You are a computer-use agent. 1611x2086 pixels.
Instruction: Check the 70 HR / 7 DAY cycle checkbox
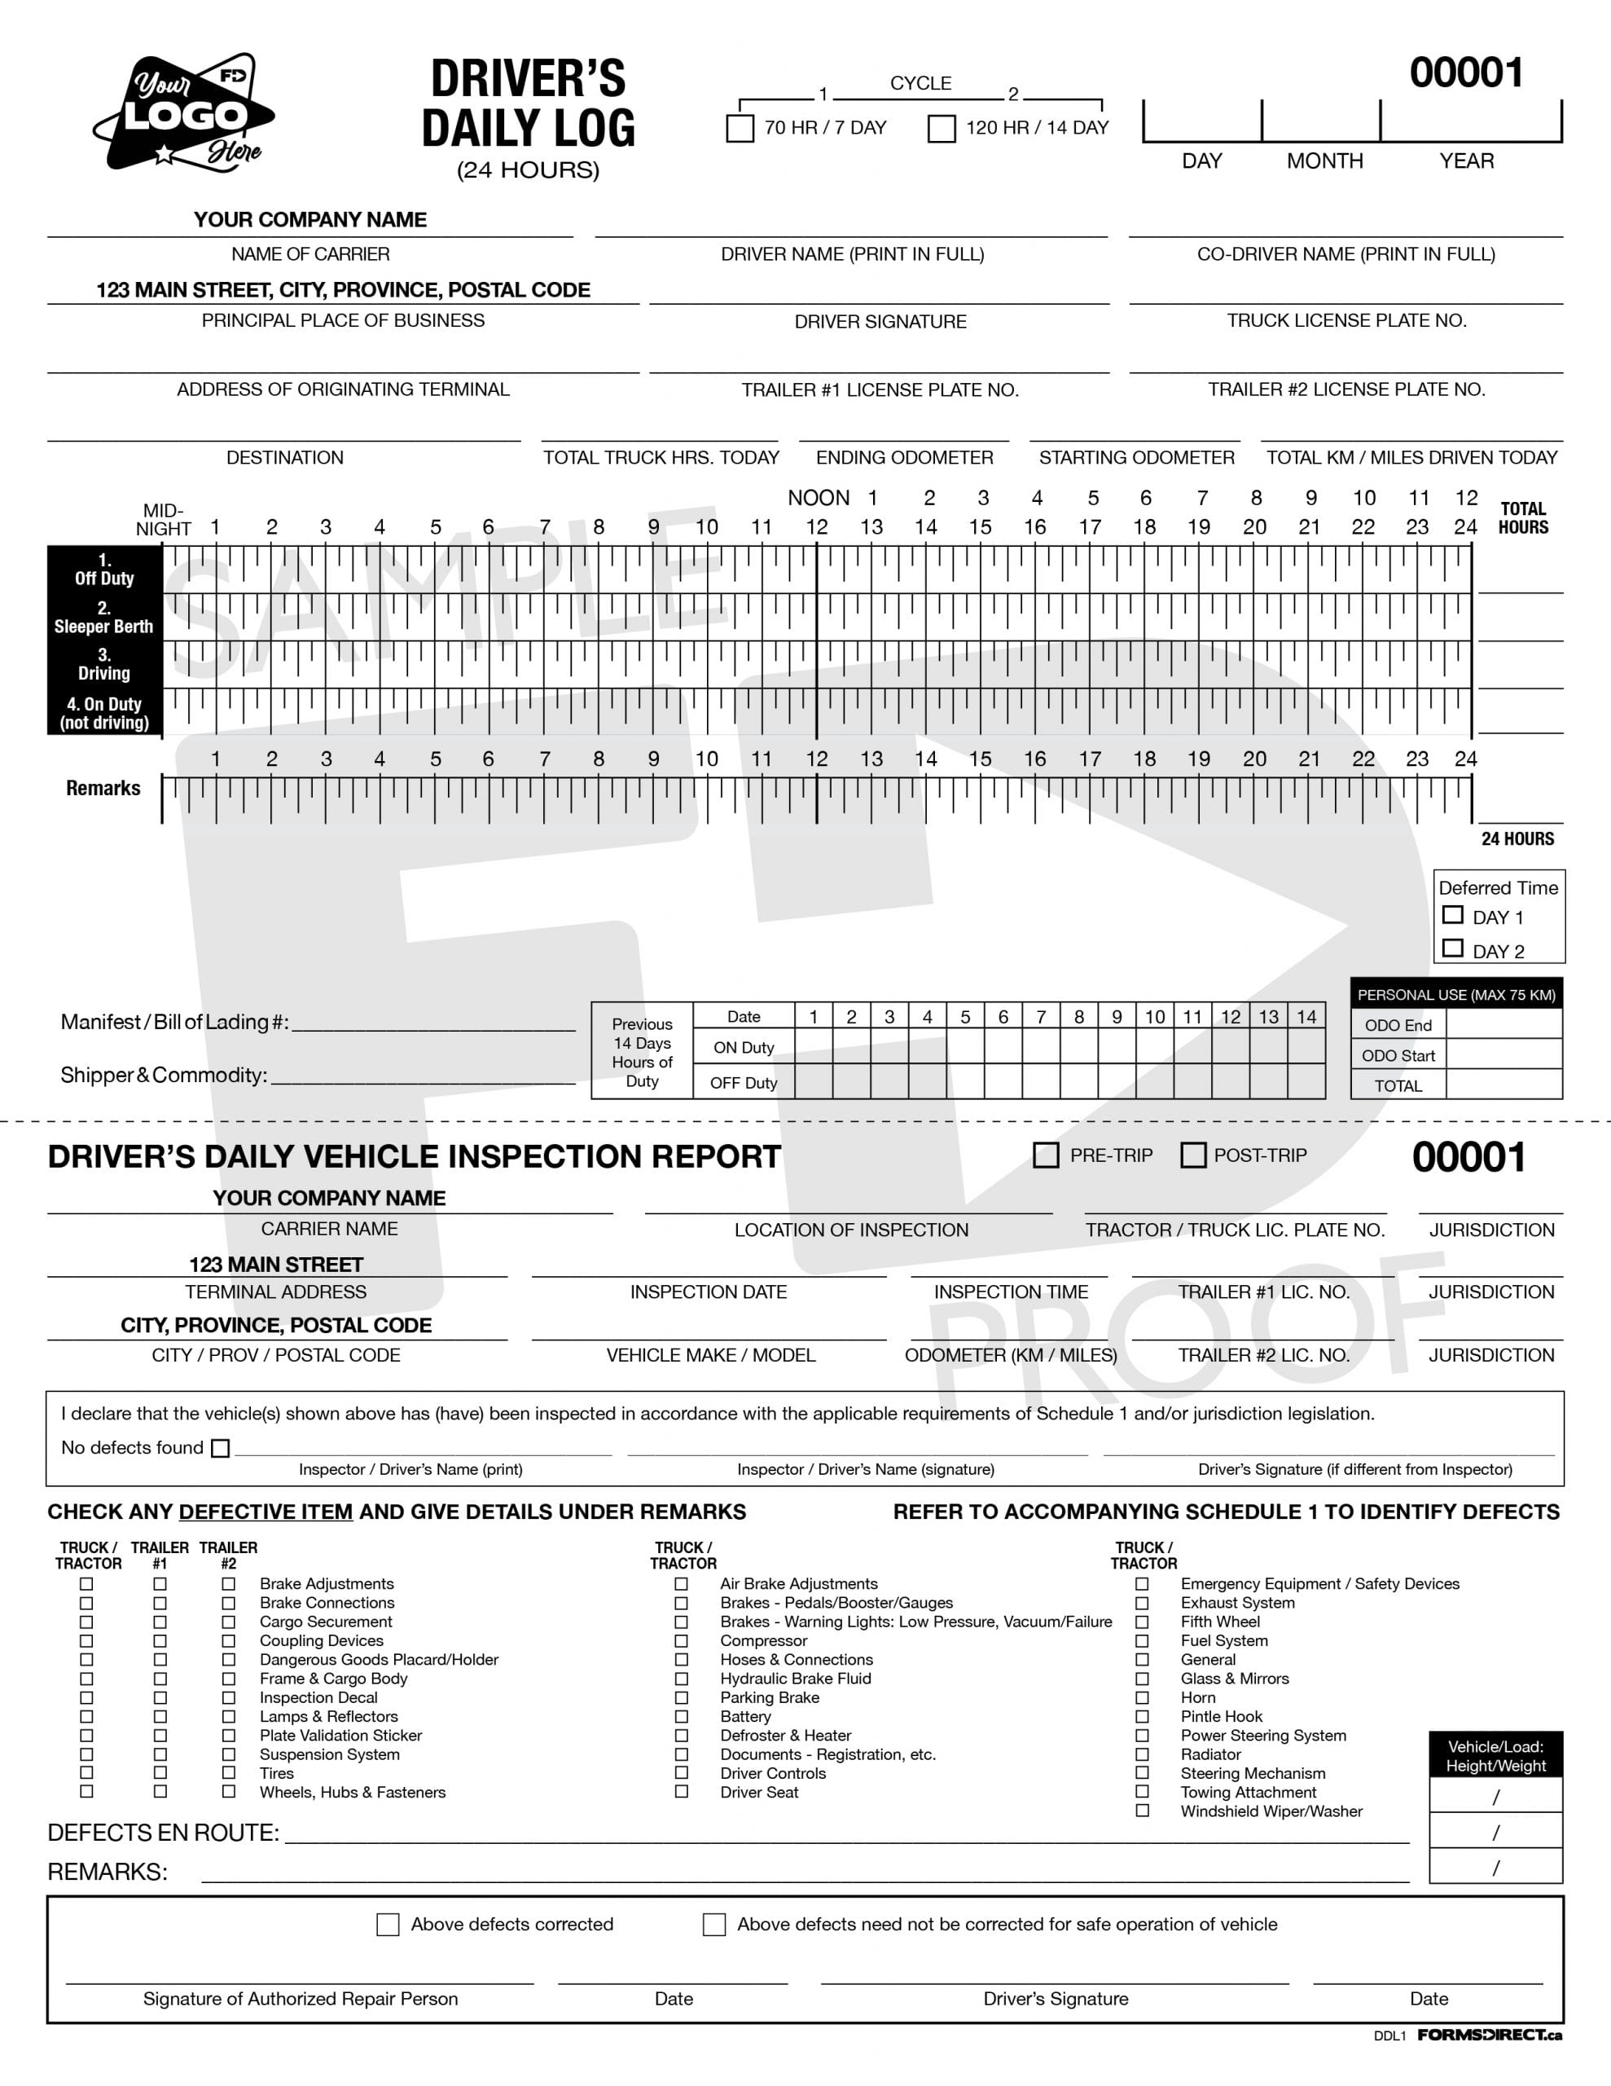(x=740, y=128)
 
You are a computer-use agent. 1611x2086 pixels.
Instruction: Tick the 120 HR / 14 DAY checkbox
(x=942, y=128)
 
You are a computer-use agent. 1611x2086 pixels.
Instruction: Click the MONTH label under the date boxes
(x=1323, y=161)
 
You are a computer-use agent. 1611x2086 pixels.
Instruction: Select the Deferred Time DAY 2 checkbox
(x=1452, y=948)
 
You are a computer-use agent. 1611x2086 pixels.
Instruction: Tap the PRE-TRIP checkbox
(x=1046, y=1155)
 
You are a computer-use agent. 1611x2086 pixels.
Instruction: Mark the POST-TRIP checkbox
(x=1192, y=1155)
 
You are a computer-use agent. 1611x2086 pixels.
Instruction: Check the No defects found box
(x=221, y=1448)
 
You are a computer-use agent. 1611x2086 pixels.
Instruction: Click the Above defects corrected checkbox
(x=388, y=1925)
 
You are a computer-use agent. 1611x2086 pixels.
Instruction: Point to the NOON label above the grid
(x=819, y=498)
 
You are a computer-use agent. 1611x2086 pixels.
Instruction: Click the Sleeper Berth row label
(x=103, y=617)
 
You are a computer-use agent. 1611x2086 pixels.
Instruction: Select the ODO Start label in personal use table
(x=1398, y=1055)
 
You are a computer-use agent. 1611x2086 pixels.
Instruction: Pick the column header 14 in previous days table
(x=1306, y=1016)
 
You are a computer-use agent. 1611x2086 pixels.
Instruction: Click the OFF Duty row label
(x=743, y=1083)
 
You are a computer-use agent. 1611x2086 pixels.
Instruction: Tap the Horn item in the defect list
(x=1197, y=1697)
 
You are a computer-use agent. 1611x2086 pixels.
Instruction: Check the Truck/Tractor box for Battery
(x=681, y=1716)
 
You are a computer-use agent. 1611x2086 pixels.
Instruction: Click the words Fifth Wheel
(x=1219, y=1622)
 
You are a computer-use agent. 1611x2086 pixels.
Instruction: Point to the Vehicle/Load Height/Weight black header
(x=1495, y=1755)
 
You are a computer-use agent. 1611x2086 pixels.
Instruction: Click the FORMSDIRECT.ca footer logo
(x=1489, y=2035)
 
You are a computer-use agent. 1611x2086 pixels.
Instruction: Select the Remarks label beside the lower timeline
(x=103, y=788)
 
